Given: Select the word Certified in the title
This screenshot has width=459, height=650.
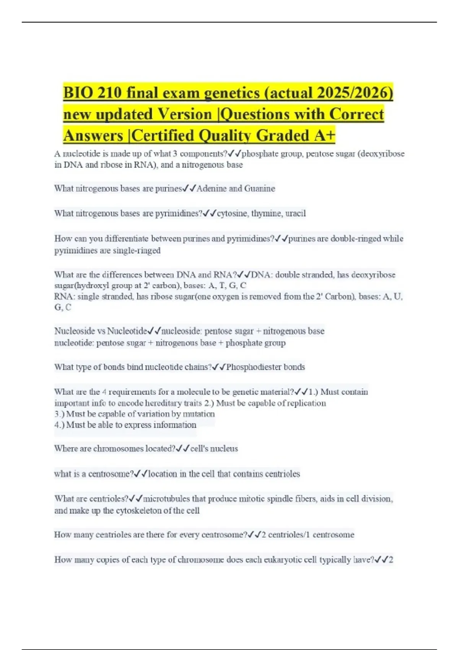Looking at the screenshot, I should (x=162, y=135).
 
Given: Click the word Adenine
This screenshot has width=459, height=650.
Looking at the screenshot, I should (x=212, y=188).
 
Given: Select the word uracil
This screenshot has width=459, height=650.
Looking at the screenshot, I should (x=296, y=213).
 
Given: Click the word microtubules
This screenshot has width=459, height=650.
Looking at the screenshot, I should (x=166, y=499).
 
